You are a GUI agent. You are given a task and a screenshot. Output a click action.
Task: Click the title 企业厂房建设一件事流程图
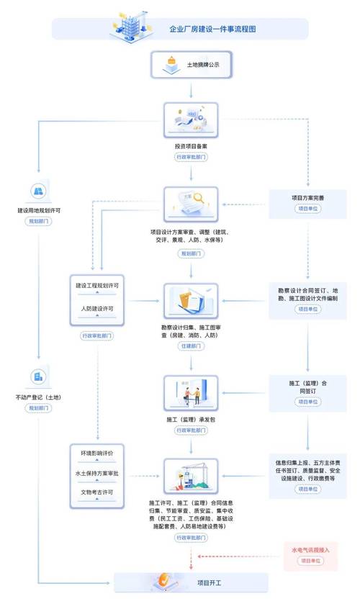212,30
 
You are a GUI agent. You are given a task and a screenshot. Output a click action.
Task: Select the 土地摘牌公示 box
191,64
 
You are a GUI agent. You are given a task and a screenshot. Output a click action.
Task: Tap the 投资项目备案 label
190,144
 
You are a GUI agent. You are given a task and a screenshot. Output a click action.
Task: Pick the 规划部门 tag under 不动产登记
39,408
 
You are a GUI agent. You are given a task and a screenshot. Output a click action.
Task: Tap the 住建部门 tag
191,347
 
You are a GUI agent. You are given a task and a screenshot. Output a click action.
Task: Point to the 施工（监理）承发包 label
190,418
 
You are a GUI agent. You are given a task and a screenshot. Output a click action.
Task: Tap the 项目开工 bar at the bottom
191,582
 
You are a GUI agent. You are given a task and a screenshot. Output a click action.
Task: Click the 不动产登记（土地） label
39,397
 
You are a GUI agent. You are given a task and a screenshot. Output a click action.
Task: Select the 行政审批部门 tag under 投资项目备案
190,155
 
